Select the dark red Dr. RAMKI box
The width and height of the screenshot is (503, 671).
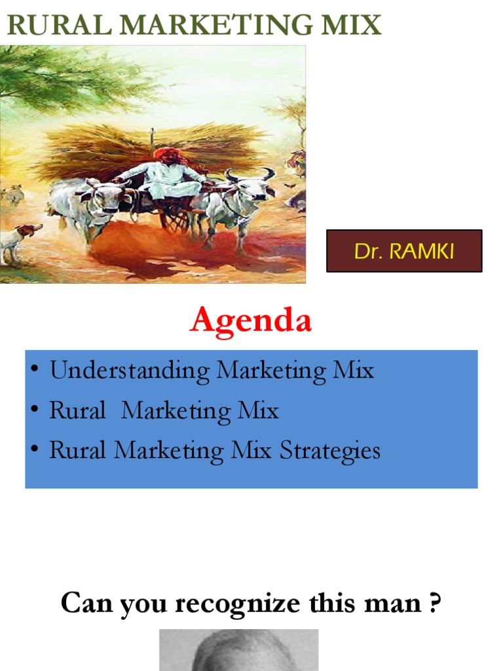[x=404, y=251]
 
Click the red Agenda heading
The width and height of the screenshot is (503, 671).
[x=251, y=321]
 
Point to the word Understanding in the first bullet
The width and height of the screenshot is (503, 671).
[x=130, y=371]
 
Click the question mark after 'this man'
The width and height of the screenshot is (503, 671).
[x=433, y=603]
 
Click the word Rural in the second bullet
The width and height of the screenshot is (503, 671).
[x=77, y=411]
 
